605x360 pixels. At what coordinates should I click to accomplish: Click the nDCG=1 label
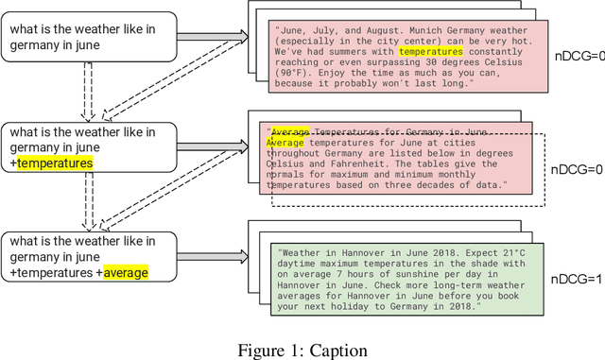pyautogui.click(x=579, y=277)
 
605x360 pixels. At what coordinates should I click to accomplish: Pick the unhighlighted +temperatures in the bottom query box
pyautogui.click(x=53, y=273)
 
